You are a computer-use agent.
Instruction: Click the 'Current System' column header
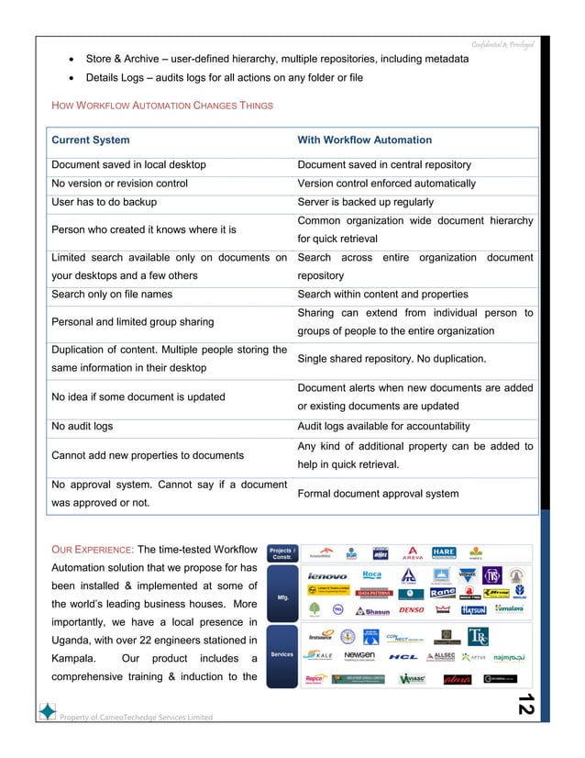(x=91, y=140)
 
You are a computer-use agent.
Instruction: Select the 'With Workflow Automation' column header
(x=364, y=140)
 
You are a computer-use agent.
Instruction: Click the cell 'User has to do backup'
(x=104, y=202)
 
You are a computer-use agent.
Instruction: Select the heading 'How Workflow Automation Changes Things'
(x=160, y=106)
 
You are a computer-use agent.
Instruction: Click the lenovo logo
(x=327, y=577)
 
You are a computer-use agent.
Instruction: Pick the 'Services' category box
(x=282, y=653)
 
